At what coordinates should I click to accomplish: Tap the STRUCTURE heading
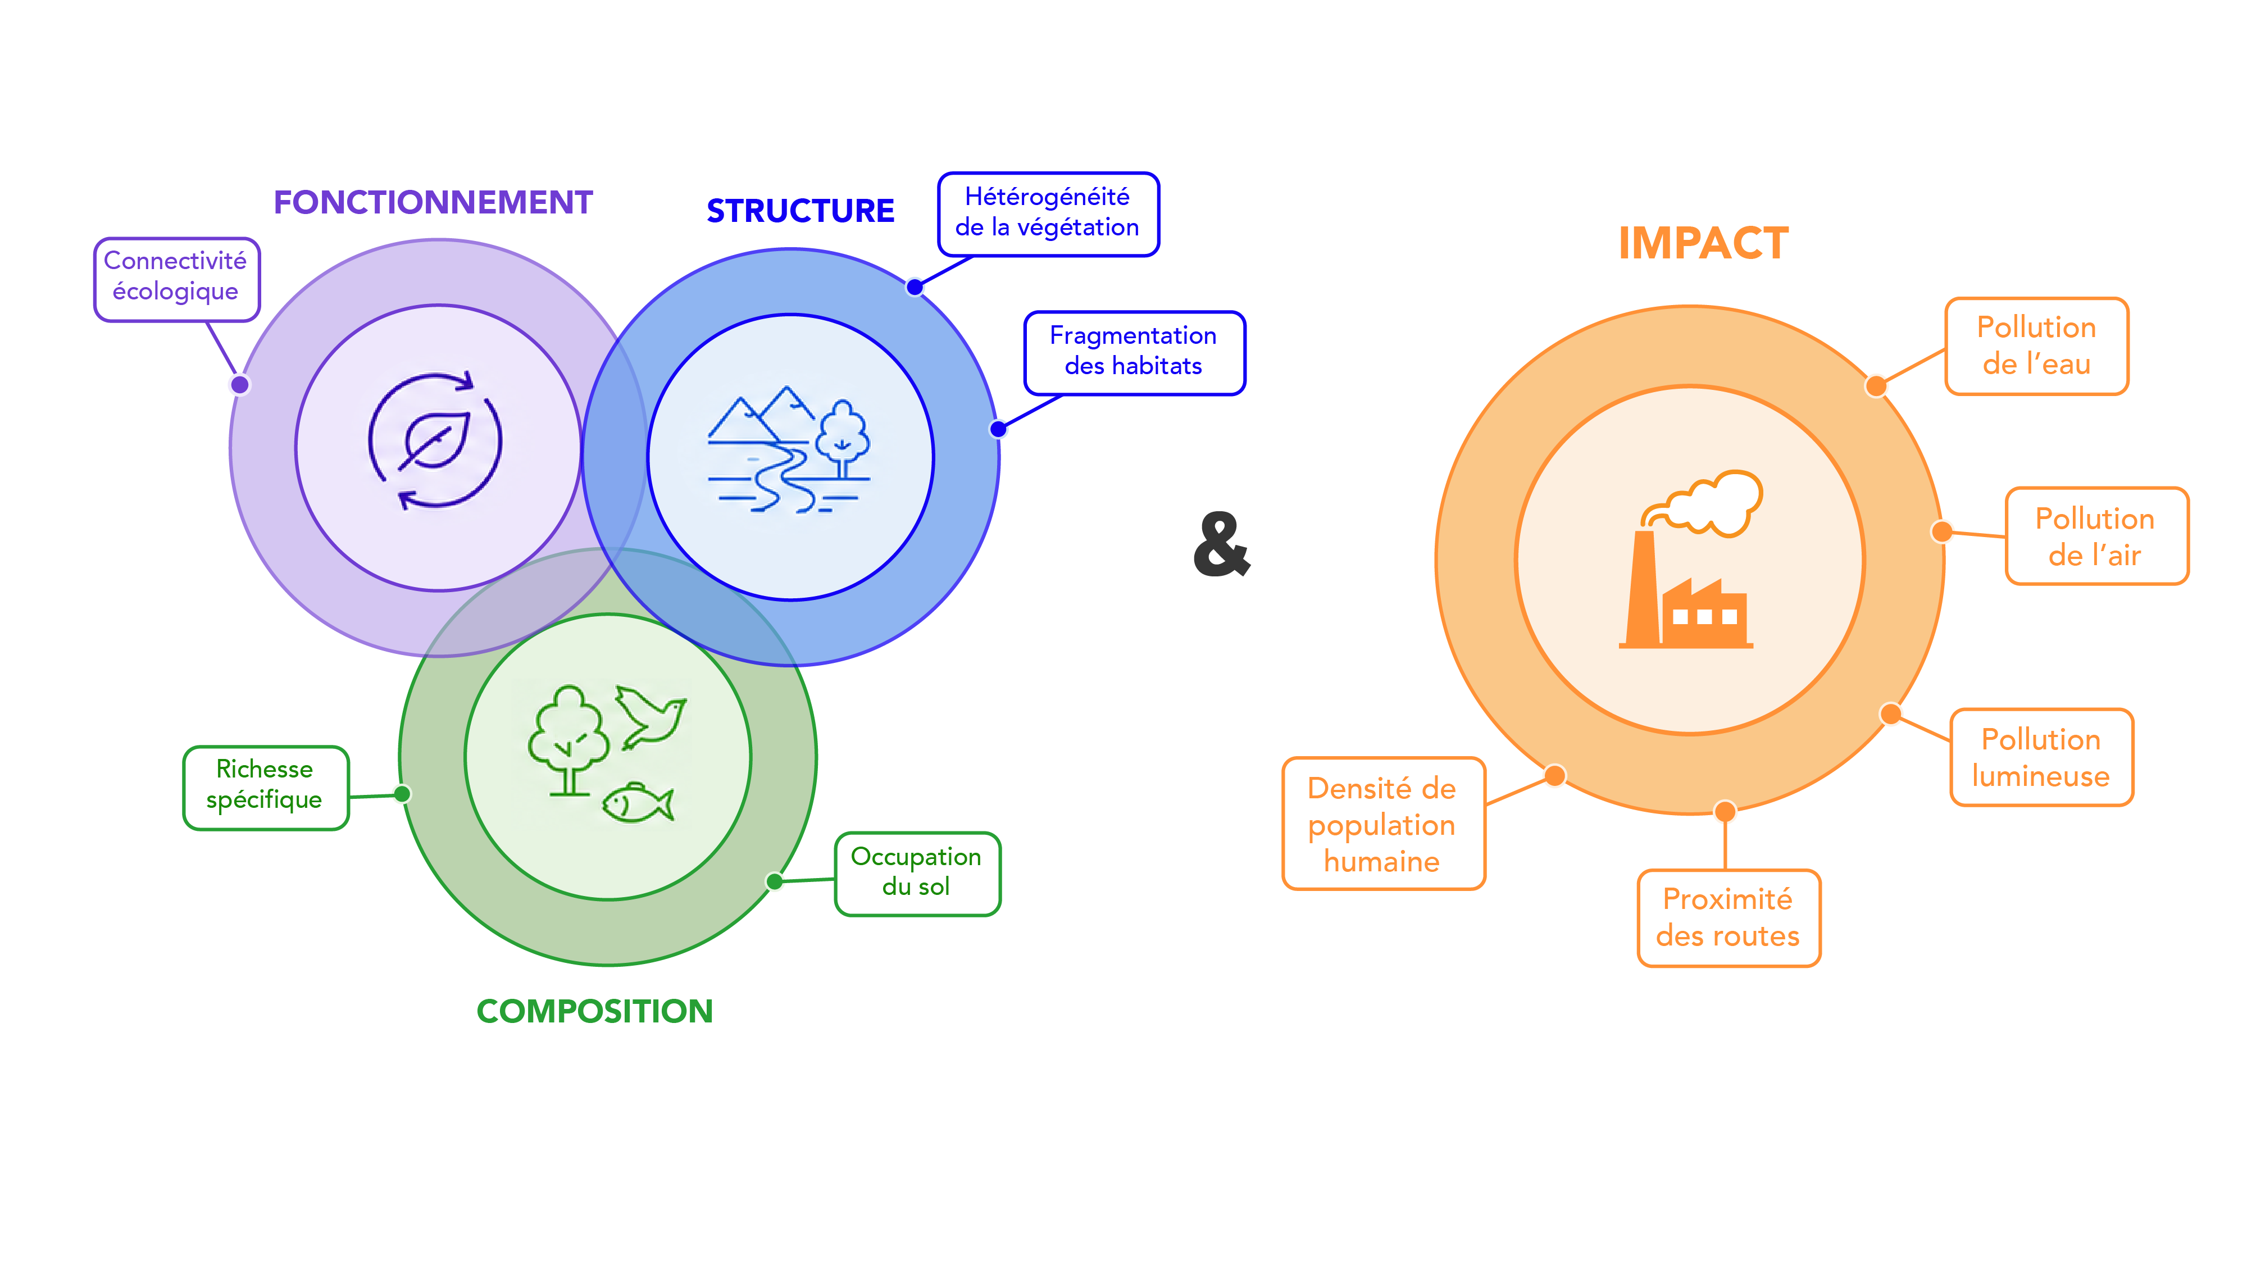click(800, 211)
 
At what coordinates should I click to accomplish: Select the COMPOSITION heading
click(595, 1011)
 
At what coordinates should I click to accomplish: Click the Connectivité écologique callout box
click(176, 279)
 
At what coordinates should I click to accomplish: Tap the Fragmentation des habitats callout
click(1134, 352)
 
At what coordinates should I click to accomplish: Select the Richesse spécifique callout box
click(265, 787)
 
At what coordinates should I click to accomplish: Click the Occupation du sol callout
click(917, 873)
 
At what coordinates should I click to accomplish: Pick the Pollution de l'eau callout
click(2036, 346)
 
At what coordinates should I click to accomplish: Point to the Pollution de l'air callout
click(2096, 535)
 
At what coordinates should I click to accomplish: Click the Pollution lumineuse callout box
click(2041, 757)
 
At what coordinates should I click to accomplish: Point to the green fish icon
click(638, 803)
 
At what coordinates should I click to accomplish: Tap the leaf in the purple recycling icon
click(434, 440)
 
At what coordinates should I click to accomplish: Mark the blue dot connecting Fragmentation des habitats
click(998, 429)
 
